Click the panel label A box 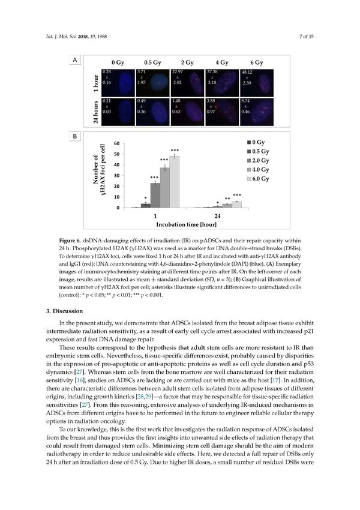point(74,60)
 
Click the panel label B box point(74,137)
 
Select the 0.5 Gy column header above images point(152,62)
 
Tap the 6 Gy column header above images point(257,62)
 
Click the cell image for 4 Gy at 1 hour point(222,81)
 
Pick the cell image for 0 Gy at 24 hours point(118,110)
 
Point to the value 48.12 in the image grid point(247,72)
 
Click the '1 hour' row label point(96,82)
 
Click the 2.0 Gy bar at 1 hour point(155,195)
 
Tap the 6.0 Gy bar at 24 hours point(237,205)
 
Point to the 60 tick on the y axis point(116,143)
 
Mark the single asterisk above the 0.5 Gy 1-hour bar point(145,199)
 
